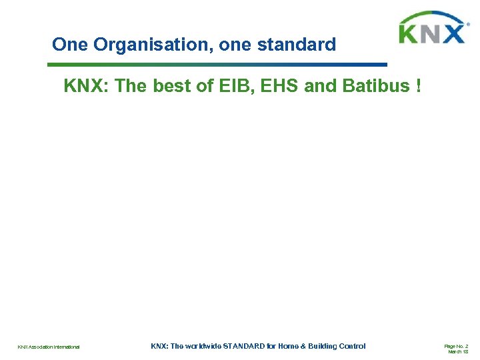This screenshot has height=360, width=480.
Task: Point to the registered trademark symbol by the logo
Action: click(469, 25)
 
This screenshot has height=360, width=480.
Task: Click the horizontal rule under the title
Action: click(217, 65)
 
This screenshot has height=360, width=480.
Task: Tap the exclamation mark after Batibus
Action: click(418, 87)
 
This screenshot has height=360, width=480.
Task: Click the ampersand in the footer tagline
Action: click(301, 346)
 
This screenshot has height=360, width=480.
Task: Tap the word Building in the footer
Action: click(321, 346)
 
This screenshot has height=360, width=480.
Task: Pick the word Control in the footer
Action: click(353, 346)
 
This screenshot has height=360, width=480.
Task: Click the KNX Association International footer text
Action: click(49, 347)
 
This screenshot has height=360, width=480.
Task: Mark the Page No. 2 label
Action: click(456, 346)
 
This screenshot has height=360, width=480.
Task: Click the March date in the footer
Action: click(458, 352)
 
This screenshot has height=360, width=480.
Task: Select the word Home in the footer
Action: click(287, 346)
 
